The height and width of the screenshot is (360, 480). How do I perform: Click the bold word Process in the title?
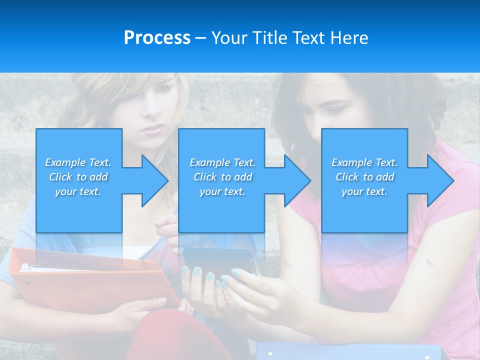(157, 38)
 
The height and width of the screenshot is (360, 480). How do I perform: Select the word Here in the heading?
(349, 38)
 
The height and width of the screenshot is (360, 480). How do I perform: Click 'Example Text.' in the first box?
(78, 162)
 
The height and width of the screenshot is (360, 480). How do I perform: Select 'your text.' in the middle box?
(222, 191)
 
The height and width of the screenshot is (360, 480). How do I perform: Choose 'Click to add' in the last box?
(364, 177)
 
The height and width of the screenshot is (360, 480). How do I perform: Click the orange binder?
(90, 280)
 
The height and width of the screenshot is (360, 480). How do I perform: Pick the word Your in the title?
(230, 38)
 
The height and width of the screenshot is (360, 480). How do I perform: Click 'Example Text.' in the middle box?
(222, 162)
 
